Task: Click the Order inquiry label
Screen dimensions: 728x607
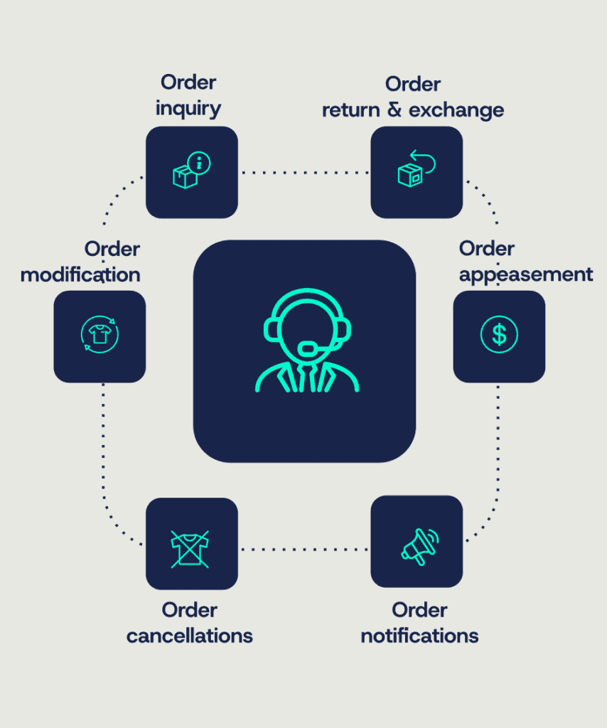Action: point(188,95)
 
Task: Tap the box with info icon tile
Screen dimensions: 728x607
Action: point(192,172)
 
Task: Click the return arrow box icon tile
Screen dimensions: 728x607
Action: point(417,172)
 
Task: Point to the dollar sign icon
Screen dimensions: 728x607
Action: point(499,334)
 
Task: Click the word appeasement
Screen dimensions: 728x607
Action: point(526,274)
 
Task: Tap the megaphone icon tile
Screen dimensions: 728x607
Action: point(417,542)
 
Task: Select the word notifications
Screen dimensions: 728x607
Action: point(419,635)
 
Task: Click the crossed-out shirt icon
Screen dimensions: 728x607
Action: point(190,549)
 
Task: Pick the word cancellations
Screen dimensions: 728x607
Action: point(190,635)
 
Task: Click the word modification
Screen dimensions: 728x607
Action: point(80,274)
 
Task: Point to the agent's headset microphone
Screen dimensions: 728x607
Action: point(308,348)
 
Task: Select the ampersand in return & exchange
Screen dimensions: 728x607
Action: point(394,111)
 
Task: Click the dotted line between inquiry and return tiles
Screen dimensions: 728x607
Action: point(304,173)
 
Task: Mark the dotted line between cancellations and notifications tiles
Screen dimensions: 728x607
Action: point(304,549)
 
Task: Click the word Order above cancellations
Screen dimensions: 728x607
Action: point(190,610)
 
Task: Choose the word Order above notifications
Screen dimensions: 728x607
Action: point(419,610)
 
